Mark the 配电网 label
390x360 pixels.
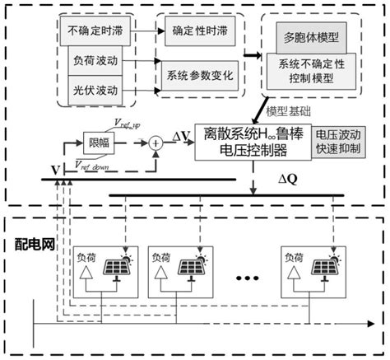click(35, 245)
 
